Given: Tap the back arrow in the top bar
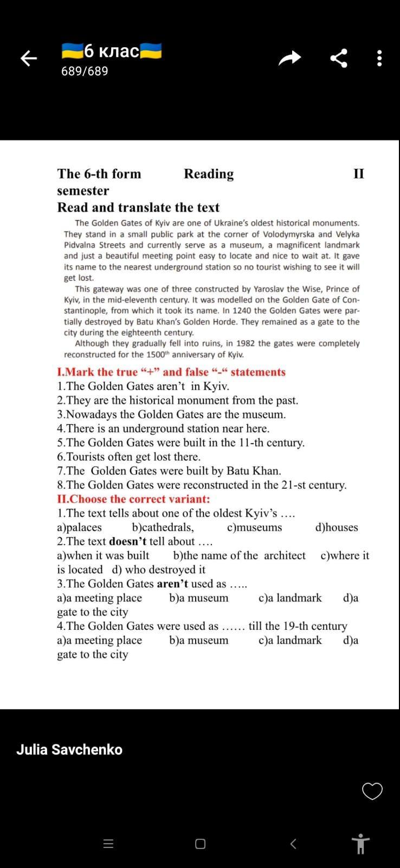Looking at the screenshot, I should click(x=28, y=58).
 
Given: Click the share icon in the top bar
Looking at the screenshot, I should click(x=339, y=58).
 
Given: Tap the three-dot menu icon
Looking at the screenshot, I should click(x=379, y=58).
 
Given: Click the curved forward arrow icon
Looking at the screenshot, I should click(x=289, y=58).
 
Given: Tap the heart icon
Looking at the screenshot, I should click(x=372, y=792).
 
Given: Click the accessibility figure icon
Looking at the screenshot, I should click(x=360, y=844).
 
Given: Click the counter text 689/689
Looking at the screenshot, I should click(x=85, y=71).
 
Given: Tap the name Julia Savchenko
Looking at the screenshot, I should click(x=69, y=750).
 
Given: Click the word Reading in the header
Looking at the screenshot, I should click(x=209, y=174).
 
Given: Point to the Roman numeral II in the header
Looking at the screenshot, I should click(x=359, y=174).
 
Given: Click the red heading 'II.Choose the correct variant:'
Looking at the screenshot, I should click(x=133, y=499).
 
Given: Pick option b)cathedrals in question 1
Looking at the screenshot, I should click(x=163, y=527).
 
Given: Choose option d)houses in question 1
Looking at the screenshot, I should click(x=336, y=527).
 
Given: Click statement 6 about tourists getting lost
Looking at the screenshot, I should click(x=129, y=457).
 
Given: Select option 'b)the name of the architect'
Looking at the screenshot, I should click(x=239, y=556).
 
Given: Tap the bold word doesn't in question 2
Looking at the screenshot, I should click(x=127, y=541).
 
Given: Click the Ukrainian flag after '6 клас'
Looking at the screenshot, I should click(x=151, y=51).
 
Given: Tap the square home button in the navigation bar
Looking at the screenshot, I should click(x=200, y=844).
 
